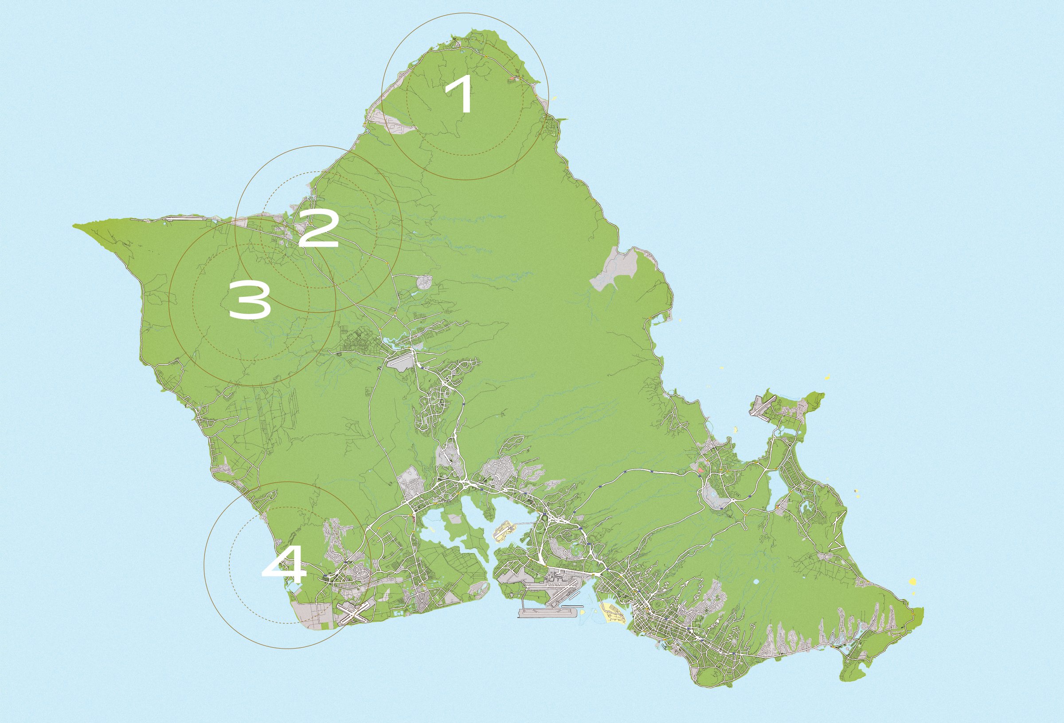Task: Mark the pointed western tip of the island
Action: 75,225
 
